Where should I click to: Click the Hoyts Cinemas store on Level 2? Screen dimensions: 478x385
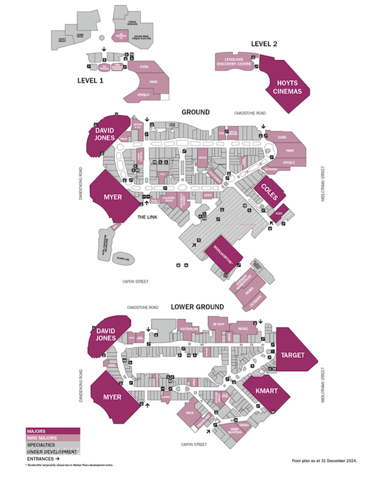coord(289,87)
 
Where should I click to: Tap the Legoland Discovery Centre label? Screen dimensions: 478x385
coord(235,62)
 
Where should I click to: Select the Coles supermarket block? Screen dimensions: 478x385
coord(267,190)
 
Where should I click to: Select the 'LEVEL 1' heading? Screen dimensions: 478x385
coord(90,81)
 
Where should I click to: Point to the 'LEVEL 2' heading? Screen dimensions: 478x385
coord(264,43)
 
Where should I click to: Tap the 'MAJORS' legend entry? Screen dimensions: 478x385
coord(36,431)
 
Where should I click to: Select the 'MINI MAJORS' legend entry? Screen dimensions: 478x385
coord(42,438)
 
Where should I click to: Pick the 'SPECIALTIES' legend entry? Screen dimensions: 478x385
coord(40,445)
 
